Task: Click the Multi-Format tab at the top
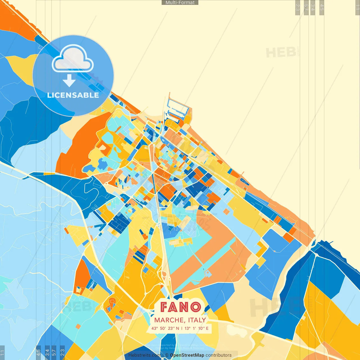[x=180, y=3]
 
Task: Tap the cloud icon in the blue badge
[x=73, y=59]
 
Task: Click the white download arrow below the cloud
[x=69, y=81]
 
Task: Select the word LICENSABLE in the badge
[x=73, y=95]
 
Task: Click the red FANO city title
[x=181, y=307]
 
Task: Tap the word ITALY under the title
[x=197, y=320]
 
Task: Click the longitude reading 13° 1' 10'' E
[x=197, y=328]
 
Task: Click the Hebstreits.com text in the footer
[x=145, y=355]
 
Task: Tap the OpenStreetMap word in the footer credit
[x=187, y=355]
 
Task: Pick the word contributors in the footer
[x=219, y=355]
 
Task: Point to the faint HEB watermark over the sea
[x=281, y=53]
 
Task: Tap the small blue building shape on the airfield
[x=208, y=273]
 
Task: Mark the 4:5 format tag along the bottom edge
[x=38, y=353]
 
